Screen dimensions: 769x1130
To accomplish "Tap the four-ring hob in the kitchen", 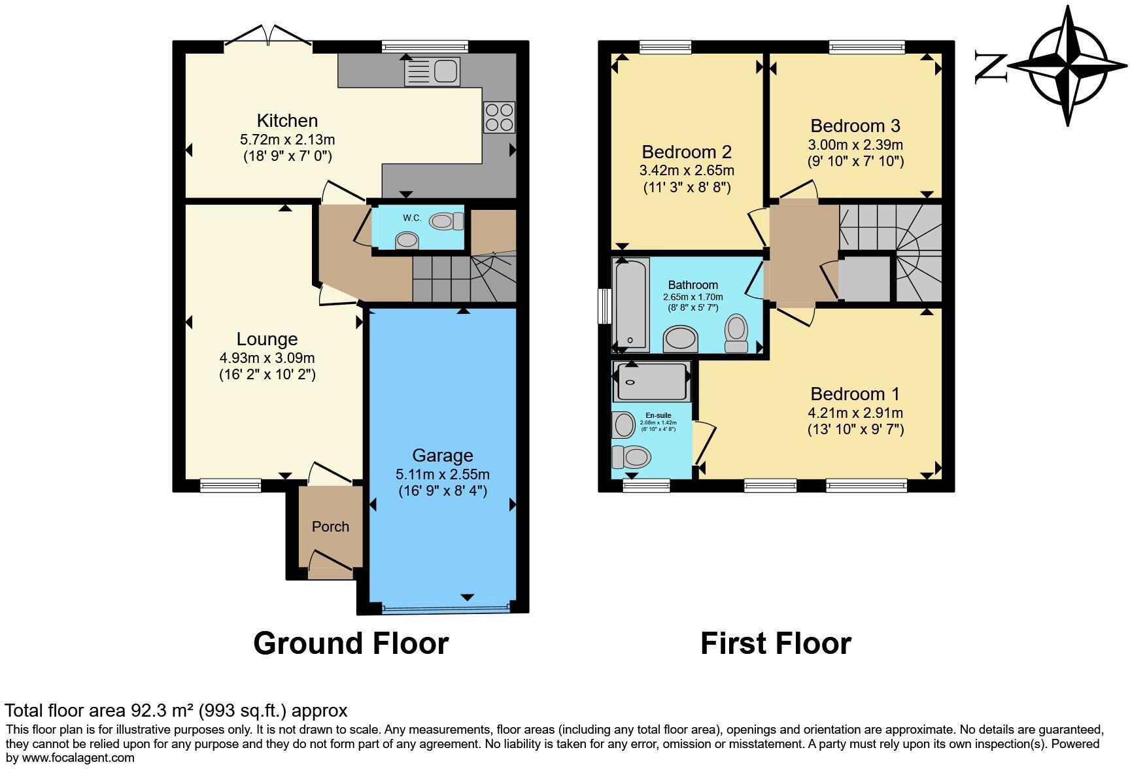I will [499, 117].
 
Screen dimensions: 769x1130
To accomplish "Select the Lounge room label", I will [267, 339].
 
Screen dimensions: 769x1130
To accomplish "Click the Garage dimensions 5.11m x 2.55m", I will [442, 474].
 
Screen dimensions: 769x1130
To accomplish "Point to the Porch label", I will [330, 526].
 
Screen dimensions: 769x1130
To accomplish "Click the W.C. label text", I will [411, 218].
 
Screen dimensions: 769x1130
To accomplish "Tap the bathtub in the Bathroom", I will [631, 304].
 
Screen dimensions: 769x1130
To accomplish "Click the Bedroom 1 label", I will [855, 394].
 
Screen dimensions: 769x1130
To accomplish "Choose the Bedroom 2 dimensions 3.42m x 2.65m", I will [686, 171].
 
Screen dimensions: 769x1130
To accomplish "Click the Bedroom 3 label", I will [855, 126].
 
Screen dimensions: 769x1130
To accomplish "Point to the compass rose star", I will [1068, 66].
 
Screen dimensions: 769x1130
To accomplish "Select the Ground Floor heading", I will [351, 643].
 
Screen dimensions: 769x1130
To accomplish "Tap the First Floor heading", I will [776, 643].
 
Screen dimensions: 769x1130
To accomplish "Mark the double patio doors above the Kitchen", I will [267, 36].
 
